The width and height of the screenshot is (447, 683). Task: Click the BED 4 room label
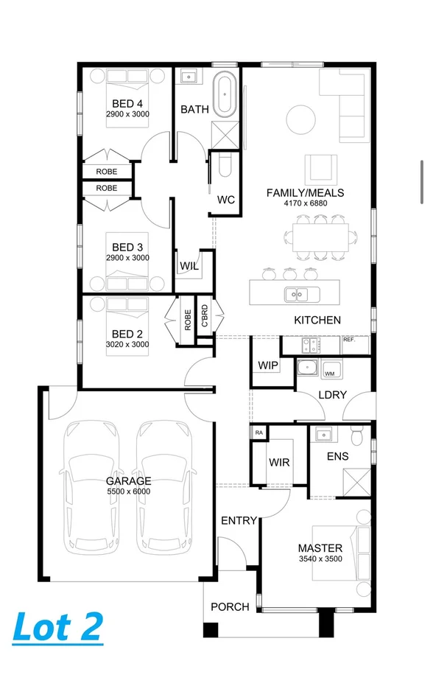pos(127,104)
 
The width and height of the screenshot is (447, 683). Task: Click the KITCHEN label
pos(317,320)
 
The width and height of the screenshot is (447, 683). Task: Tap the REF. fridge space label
pos(349,340)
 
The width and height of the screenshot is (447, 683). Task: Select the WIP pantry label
pos(267,365)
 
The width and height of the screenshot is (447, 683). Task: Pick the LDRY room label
pos(332,395)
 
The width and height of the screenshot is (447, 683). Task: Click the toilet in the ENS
pos(357,437)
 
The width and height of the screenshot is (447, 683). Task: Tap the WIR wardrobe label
pos(278,462)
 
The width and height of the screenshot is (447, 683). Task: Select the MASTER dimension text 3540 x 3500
pos(320,559)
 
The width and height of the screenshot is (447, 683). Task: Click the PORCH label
pos(230,607)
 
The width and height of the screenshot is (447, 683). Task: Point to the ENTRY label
pos(239,521)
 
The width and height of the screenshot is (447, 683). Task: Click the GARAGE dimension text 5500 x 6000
pos(127,491)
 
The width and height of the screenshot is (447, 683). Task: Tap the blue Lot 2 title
pos(57,626)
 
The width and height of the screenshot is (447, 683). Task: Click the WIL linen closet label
pos(189,266)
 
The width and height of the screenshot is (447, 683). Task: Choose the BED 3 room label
pos(127,248)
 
